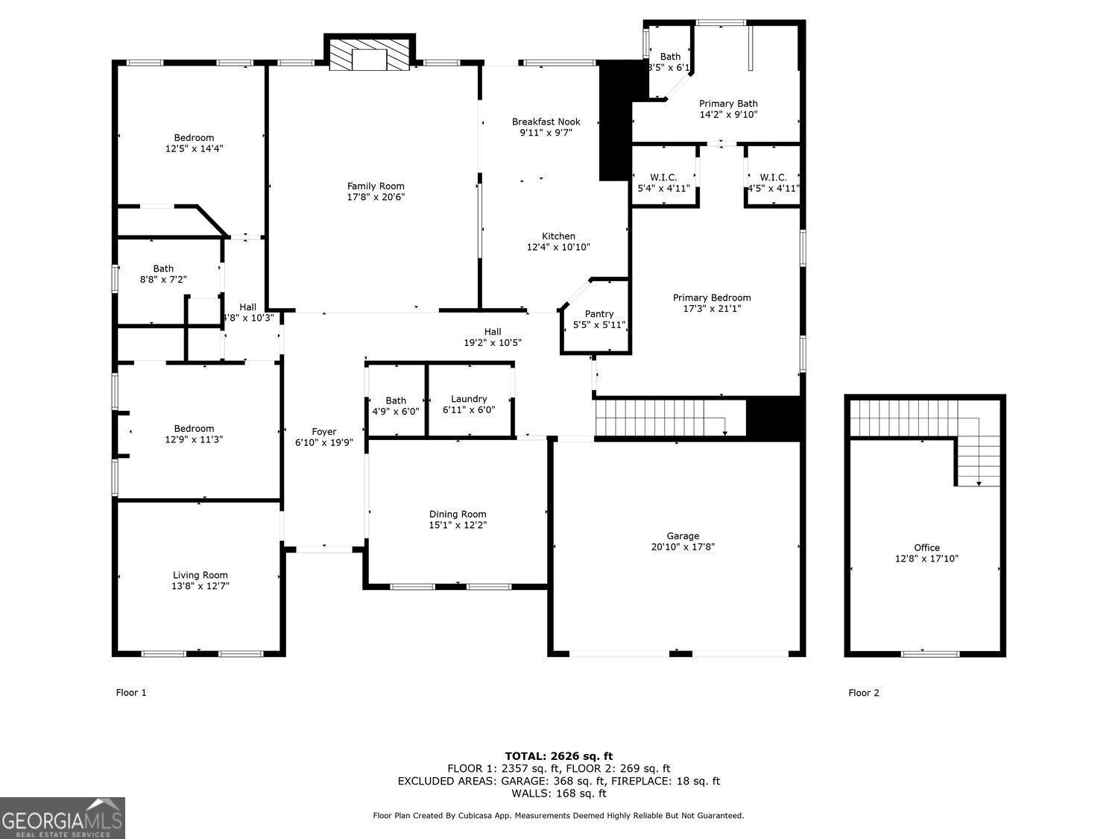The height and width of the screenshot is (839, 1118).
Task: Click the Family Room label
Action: coord(376,186)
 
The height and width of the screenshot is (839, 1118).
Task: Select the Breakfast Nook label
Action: coord(546,122)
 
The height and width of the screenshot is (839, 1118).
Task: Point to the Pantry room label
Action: coord(599,314)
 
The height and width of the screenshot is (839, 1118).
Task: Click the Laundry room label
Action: coord(469,399)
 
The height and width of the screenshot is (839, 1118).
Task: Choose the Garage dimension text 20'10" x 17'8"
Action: coord(683,547)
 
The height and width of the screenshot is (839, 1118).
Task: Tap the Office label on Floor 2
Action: coord(926,547)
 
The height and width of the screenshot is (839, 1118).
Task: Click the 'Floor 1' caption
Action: coord(131,692)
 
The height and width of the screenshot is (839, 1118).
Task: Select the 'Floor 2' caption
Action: coord(864,693)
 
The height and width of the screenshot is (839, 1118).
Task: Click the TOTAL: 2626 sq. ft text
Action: coord(558,755)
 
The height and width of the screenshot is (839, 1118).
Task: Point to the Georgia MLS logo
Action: coord(63,818)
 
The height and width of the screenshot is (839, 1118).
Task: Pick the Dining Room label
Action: coord(458,514)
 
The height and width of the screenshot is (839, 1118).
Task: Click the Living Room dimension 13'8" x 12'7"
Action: coord(200,586)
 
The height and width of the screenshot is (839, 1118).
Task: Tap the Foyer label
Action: coord(324,432)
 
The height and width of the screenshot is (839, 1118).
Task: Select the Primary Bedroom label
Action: coord(712,298)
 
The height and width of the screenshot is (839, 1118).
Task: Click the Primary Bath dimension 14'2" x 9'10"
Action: coord(728,115)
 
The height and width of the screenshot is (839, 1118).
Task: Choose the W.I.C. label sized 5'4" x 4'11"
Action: coord(663,177)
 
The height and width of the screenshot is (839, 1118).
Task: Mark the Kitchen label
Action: coord(558,236)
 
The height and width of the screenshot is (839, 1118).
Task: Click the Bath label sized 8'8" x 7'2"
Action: coord(163,268)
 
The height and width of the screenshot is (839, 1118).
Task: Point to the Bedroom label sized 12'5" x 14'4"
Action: coord(194,137)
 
